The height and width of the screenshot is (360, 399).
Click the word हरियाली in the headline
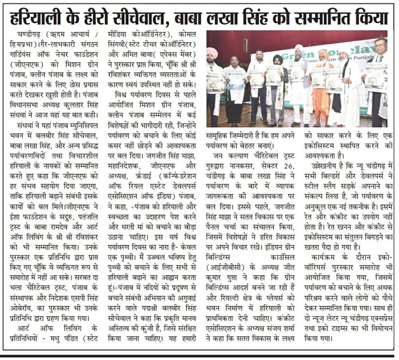coord(43,18)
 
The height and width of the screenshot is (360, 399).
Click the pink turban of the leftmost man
coord(213,52)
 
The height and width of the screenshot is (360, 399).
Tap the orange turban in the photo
coord(323,54)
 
